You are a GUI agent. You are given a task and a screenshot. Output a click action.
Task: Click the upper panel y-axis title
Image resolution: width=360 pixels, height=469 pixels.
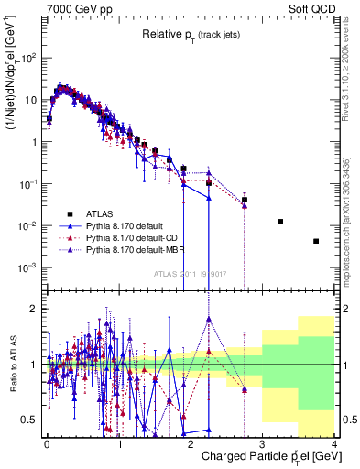pyautogui.click(x=12, y=82)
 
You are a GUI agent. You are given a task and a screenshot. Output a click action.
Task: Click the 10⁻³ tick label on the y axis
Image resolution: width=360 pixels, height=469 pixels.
pyautogui.click(x=27, y=267)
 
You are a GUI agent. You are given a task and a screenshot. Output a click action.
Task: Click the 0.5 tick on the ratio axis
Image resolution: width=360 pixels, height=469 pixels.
pyautogui.click(x=28, y=420)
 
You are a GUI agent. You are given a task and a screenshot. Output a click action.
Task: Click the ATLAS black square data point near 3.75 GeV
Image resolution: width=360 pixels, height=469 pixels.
pyautogui.click(x=316, y=241)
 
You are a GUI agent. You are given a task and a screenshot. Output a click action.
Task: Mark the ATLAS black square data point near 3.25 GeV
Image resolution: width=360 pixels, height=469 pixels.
pyautogui.click(x=280, y=222)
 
